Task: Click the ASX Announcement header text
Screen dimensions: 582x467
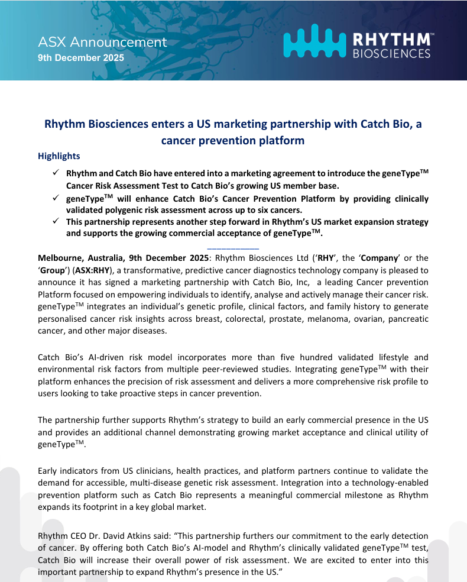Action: coord(102,43)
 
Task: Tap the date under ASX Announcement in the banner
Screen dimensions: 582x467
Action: coord(81,58)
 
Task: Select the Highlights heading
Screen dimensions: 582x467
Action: coord(59,156)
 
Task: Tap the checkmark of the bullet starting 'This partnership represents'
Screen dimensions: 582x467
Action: coord(55,221)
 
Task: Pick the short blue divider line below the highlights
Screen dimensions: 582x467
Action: coord(233,246)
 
